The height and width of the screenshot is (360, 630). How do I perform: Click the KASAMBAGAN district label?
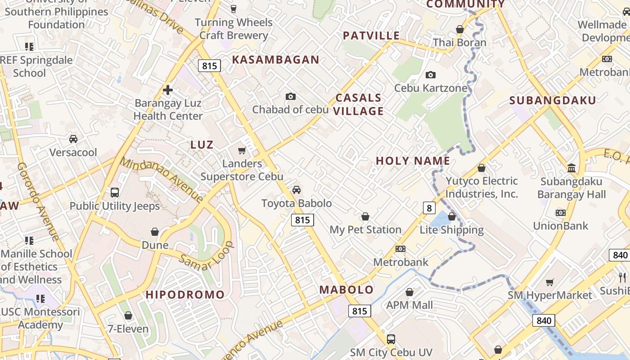click(x=275, y=59)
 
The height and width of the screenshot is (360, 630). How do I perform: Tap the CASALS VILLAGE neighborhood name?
click(x=359, y=104)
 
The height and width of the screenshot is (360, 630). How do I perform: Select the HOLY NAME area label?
click(x=413, y=161)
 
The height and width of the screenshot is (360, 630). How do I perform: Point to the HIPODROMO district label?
click(x=185, y=295)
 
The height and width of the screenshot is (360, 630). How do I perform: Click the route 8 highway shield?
click(x=429, y=207)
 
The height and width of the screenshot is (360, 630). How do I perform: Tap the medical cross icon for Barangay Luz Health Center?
click(x=168, y=90)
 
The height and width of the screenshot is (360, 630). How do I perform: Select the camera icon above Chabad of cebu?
click(x=291, y=96)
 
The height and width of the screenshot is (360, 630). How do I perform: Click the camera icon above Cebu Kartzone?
click(x=431, y=75)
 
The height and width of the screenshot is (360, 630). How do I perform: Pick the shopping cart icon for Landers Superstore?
click(x=242, y=150)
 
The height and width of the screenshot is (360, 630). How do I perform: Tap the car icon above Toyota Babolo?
click(x=297, y=190)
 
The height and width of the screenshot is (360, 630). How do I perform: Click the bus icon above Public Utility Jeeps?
click(x=115, y=193)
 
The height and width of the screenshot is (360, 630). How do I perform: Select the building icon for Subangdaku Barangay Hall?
click(x=571, y=168)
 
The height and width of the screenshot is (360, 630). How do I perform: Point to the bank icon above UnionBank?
click(x=560, y=212)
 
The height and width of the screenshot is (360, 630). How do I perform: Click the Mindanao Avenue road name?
click(x=162, y=180)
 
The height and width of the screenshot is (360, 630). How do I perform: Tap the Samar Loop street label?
click(x=207, y=256)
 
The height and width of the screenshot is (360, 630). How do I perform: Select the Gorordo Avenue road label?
click(x=38, y=201)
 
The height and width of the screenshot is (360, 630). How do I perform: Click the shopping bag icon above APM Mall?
click(x=409, y=292)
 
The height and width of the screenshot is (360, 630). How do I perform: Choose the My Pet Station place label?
click(x=365, y=229)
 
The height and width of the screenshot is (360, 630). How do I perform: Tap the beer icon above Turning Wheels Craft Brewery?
click(x=233, y=9)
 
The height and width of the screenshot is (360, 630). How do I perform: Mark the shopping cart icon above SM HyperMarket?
click(x=549, y=282)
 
